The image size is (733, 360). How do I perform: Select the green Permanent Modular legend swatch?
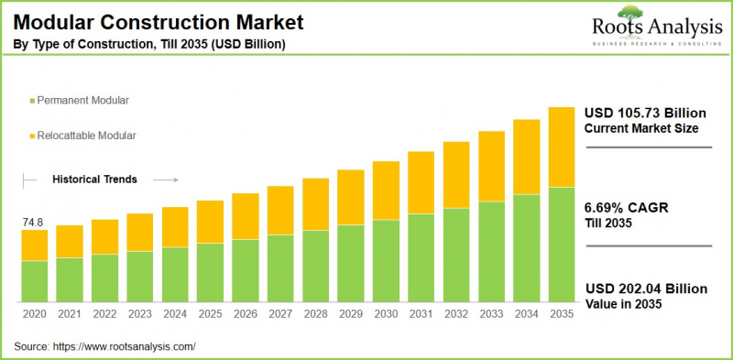[x=32, y=98]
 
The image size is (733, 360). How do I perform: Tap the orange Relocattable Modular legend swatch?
[x=32, y=136]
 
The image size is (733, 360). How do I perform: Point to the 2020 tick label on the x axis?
[x=34, y=314]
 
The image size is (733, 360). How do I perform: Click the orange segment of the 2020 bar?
[x=34, y=245]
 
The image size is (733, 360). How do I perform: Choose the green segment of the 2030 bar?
[x=386, y=261]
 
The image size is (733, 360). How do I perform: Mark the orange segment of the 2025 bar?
[x=210, y=222]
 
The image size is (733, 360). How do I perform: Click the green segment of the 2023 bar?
[x=139, y=277]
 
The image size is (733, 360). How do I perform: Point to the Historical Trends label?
[x=94, y=180]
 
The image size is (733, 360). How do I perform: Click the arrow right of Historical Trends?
[x=166, y=180]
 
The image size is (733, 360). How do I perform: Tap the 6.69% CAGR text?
[x=626, y=208]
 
